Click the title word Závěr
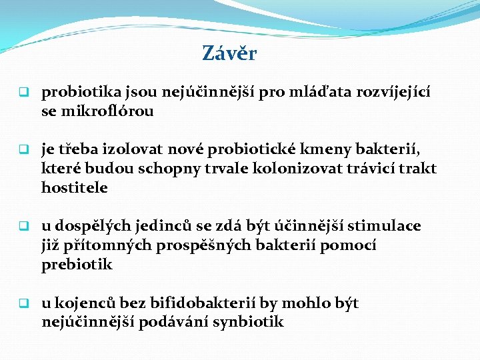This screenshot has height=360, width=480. coord(229,54)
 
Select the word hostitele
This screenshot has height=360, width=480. coord(74,188)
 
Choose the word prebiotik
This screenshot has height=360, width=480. coord(77,265)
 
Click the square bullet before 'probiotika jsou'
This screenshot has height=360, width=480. coord(22,92)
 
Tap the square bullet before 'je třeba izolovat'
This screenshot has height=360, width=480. coord(22,149)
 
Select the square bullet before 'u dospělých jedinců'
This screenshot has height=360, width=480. coord(22,226)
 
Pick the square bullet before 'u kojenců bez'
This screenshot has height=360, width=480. coord(22,303)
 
